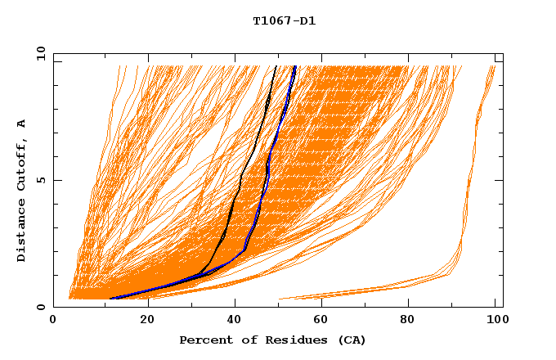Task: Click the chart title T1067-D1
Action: coord(284,20)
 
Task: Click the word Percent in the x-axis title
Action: coord(204,340)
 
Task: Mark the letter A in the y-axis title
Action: coord(22,124)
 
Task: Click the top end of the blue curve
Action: coord(294,66)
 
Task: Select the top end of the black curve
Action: coord(276,66)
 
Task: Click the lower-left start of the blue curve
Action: coord(110,299)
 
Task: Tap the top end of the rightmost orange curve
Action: coord(495,66)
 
